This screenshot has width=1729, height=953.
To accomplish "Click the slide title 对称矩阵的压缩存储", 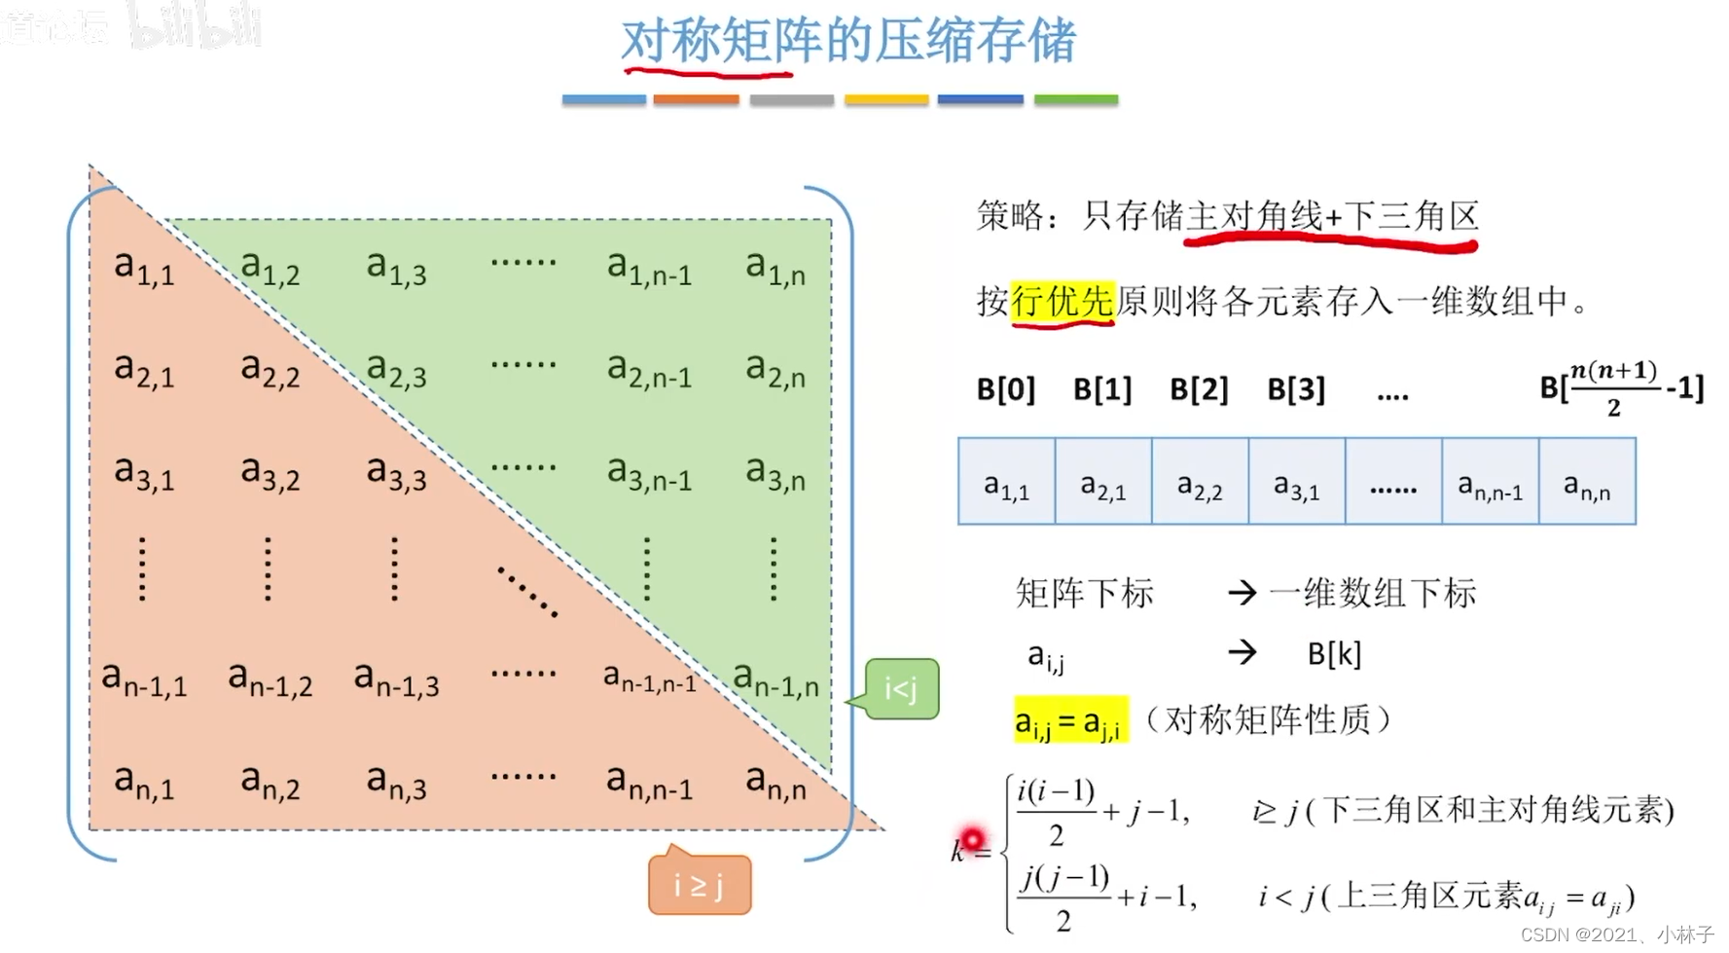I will (848, 41).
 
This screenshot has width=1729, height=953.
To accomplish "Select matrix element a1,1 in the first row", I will (144, 267).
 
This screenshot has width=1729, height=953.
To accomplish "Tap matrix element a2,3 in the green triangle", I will (396, 371).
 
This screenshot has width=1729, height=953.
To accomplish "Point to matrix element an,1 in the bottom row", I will (144, 781).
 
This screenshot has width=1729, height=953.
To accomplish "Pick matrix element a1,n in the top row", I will (775, 267).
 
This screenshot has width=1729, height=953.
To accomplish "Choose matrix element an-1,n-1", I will (650, 677).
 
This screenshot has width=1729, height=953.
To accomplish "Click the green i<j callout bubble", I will (901, 689).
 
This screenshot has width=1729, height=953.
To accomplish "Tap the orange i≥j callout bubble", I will (700, 885).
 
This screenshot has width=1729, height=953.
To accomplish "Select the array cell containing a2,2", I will (1200, 483).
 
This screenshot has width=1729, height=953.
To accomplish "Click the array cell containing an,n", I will (1587, 483).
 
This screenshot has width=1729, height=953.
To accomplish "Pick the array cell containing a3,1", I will (1297, 483).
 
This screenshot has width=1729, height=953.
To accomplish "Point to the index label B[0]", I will (1006, 389).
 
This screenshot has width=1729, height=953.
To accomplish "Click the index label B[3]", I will (1296, 389).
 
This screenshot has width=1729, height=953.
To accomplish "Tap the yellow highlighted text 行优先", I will (1063, 301).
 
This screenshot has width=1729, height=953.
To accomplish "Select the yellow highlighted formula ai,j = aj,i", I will (1070, 721).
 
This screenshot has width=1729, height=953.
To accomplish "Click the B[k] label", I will (1334, 653).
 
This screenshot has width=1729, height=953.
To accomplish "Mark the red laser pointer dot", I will (971, 838).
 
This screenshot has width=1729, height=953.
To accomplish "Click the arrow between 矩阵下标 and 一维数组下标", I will (1243, 592).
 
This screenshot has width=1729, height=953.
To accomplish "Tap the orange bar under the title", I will (696, 99).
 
